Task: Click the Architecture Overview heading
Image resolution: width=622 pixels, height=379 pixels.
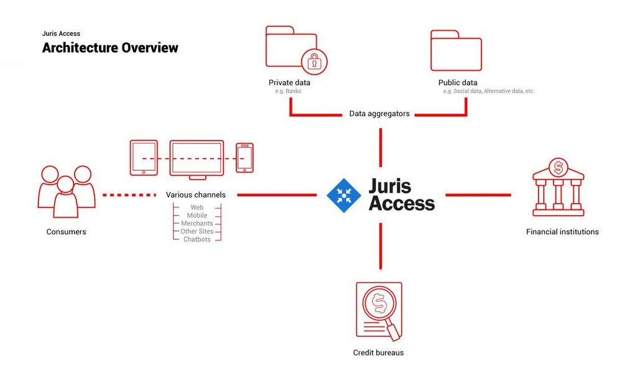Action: point(110,48)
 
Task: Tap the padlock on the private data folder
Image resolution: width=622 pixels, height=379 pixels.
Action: point(313,62)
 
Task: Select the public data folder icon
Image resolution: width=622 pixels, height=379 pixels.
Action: point(456,49)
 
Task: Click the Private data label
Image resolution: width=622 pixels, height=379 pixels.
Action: point(289,83)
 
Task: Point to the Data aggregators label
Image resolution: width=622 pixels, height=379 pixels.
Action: point(379,114)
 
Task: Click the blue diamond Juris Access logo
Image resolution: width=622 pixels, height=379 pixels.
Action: point(344,195)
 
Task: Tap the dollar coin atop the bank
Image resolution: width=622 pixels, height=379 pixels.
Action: point(559,167)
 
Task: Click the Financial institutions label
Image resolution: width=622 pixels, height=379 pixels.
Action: point(562,232)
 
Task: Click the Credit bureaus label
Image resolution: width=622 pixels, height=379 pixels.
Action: point(378,353)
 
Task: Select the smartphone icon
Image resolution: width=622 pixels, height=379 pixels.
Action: point(244,158)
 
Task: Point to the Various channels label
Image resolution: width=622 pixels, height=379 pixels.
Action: point(196,195)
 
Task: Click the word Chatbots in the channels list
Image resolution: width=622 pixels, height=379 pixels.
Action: point(197,239)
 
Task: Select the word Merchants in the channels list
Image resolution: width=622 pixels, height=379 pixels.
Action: point(197,223)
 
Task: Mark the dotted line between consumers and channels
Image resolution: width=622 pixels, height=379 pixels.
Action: point(129,195)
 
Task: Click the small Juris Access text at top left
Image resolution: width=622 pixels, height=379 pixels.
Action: point(61,34)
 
